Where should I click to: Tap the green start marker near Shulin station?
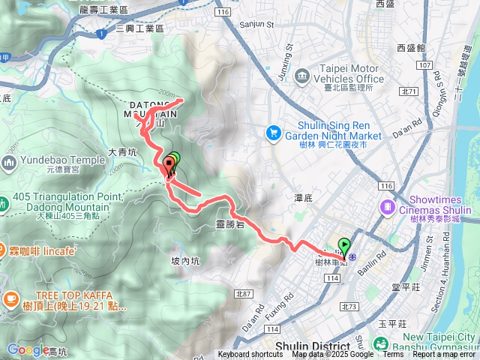tap(343, 245)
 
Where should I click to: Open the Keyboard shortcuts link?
tap(250, 355)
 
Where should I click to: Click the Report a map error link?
tap(445, 355)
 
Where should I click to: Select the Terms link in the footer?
tap(393, 355)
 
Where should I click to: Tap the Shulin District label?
tap(313, 346)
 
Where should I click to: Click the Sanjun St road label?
tap(256, 24)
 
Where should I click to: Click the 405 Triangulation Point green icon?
tap(7, 201)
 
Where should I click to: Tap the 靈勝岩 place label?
tap(229, 223)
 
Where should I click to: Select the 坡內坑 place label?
tap(185, 261)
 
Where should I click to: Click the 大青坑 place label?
tap(121, 151)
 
